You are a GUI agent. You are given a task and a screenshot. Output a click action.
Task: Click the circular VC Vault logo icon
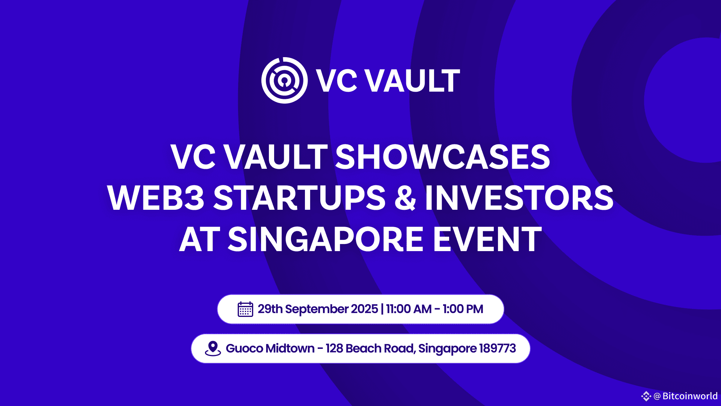pyautogui.click(x=284, y=80)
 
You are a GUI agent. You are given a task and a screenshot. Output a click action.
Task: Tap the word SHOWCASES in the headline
pyautogui.click(x=442, y=157)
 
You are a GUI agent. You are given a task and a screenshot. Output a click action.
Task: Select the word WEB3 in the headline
pyautogui.click(x=156, y=198)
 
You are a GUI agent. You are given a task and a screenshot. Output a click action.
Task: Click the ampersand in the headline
pyautogui.click(x=406, y=198)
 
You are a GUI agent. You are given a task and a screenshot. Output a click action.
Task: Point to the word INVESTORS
pyautogui.click(x=519, y=198)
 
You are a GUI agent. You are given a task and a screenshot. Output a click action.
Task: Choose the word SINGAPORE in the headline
pyautogui.click(x=326, y=239)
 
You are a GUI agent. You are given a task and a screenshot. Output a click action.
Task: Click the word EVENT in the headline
pyautogui.click(x=487, y=239)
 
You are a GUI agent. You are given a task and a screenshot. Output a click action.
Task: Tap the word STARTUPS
pyautogui.click(x=299, y=198)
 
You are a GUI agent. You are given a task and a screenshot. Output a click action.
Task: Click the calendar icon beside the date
pyautogui.click(x=245, y=309)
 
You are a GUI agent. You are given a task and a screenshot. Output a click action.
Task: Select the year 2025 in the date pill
pyautogui.click(x=365, y=309)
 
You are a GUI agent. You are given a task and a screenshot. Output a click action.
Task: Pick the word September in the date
pyautogui.click(x=317, y=309)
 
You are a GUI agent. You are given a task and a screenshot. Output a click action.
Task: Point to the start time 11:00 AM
pyautogui.click(x=409, y=309)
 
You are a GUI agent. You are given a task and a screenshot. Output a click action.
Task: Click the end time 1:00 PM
pyautogui.click(x=463, y=309)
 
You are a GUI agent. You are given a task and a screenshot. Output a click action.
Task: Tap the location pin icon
pyautogui.click(x=213, y=348)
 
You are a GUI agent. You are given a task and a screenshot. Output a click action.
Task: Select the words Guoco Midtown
pyautogui.click(x=270, y=348)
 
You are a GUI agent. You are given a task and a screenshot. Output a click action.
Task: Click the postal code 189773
pyautogui.click(x=498, y=348)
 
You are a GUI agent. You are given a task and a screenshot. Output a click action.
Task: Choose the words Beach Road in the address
pyautogui.click(x=381, y=348)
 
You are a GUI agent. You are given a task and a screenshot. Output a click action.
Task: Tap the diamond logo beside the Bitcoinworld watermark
pyautogui.click(x=646, y=396)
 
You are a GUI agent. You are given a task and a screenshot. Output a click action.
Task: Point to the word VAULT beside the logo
pyautogui.click(x=412, y=80)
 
